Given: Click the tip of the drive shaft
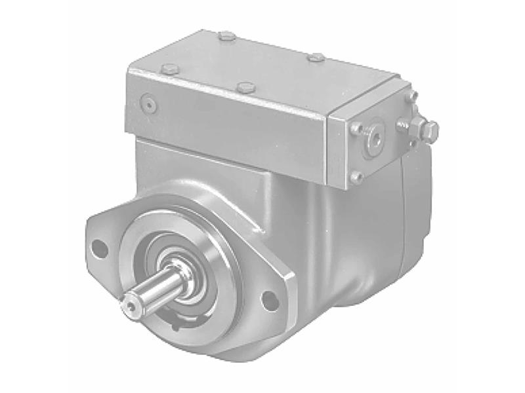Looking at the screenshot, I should click(131, 304).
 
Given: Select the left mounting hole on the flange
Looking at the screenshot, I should click(99, 248).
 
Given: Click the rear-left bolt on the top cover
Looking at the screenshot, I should click(227, 36).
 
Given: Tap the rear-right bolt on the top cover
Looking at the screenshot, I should click(316, 58).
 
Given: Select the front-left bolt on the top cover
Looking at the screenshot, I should click(170, 69).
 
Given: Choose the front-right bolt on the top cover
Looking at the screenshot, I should click(245, 87).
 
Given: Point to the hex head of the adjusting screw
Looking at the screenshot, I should click(430, 131).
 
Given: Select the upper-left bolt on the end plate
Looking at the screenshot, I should click(357, 129).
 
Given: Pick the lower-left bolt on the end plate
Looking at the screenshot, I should click(356, 176).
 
